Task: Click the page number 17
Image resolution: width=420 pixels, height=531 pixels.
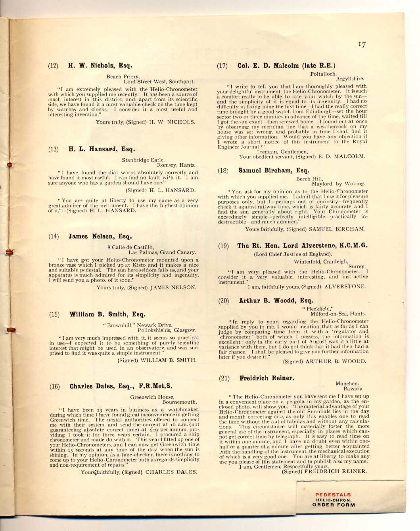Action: [x=361, y=45]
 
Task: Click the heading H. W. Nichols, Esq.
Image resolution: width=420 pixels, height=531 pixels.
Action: [x=100, y=65]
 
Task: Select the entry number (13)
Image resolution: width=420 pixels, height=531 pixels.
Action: [x=53, y=150]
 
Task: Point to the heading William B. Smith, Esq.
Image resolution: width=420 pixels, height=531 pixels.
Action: [x=107, y=315]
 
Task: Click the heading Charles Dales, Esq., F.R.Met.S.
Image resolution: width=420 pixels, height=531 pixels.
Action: [x=121, y=386]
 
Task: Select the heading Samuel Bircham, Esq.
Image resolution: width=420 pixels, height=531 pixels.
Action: [x=274, y=171]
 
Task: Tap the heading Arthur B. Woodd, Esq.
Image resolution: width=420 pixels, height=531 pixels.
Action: [x=276, y=300]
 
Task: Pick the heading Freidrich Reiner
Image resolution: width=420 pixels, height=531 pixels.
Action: [x=267, y=378]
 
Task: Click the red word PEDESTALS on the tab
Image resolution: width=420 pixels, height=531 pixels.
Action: [x=333, y=495]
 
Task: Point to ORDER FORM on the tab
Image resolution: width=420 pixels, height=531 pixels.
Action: [x=334, y=505]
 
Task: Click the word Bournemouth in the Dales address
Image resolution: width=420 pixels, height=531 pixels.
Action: [x=179, y=402]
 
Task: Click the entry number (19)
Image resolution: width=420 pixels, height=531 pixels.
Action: [x=223, y=246]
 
